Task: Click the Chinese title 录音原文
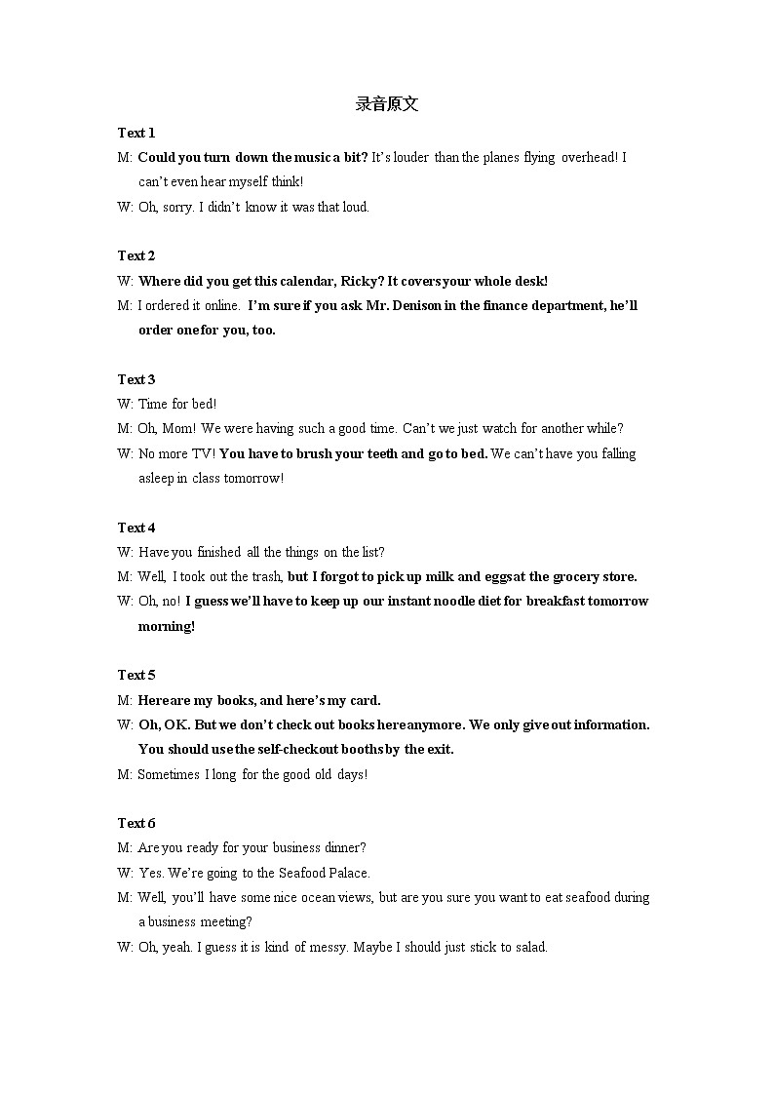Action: point(387,104)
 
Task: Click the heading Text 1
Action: point(136,133)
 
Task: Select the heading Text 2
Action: point(136,255)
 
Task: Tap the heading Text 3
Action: point(136,379)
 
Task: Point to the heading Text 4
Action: point(136,528)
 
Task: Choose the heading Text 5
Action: point(136,675)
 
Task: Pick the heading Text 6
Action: point(136,823)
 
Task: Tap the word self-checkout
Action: point(296,749)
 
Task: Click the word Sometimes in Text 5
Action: point(169,774)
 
